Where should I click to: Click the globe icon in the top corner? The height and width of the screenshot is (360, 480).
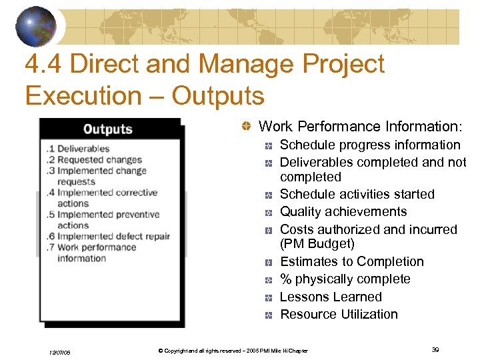(x=37, y=25)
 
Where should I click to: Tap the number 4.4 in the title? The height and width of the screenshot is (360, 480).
(x=43, y=65)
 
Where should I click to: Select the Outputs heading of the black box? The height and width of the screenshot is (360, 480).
(x=108, y=129)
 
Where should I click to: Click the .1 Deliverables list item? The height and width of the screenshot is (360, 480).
(x=77, y=149)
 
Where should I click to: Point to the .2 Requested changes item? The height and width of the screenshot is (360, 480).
(x=94, y=160)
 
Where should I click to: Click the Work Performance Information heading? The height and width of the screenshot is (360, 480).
(x=359, y=127)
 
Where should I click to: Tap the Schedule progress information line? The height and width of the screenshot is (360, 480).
(x=370, y=145)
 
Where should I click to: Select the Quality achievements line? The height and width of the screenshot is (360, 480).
(x=343, y=212)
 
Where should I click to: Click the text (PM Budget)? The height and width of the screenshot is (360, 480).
(x=317, y=244)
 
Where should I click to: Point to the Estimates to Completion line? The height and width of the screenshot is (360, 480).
(x=351, y=262)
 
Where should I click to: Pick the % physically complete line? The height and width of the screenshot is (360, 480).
(x=345, y=279)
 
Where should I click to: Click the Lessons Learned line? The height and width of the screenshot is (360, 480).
(x=331, y=297)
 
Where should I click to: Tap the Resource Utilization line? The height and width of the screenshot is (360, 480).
(x=339, y=314)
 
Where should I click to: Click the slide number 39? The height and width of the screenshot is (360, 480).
(x=435, y=349)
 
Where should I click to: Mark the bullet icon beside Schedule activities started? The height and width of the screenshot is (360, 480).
(x=267, y=195)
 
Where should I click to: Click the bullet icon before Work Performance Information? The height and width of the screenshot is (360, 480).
(x=246, y=127)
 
